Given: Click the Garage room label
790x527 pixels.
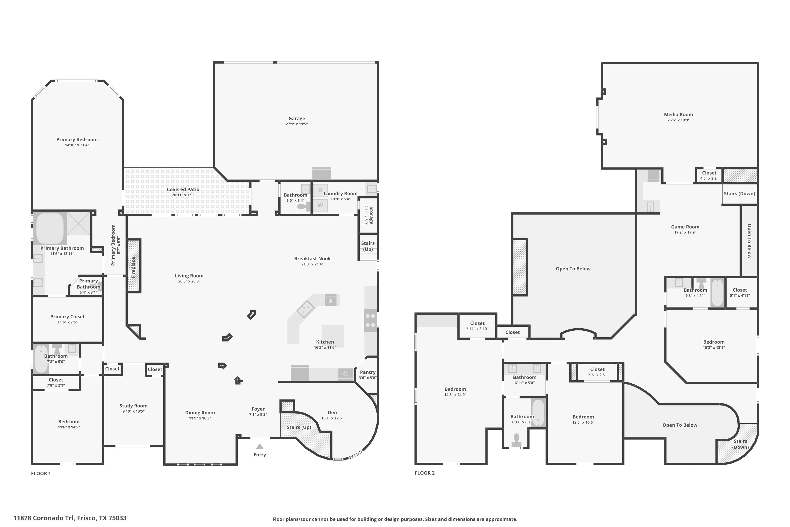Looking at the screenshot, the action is tap(297, 119).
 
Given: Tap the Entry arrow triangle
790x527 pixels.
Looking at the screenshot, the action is tap(260, 446).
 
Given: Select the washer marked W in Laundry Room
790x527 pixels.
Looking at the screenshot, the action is tap(320, 205).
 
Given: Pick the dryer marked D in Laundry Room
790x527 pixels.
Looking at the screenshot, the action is tap(320, 190).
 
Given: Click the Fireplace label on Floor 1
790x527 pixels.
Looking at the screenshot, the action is tap(133, 267).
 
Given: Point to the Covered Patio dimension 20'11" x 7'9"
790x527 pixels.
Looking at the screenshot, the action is tap(183, 195).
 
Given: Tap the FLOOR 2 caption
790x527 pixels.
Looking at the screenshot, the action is tap(424, 473).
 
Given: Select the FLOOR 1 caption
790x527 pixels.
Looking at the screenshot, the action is tap(41, 474).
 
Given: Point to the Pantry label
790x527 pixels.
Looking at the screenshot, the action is tap(368, 372).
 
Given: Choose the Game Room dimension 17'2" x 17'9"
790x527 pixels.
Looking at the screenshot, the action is tap(685, 232).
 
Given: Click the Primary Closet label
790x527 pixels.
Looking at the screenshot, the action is tap(67, 317).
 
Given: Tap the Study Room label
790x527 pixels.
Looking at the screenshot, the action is tap(133, 406).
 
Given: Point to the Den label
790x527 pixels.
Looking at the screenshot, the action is tap(332, 413).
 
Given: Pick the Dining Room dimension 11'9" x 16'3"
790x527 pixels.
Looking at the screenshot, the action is tap(200, 418).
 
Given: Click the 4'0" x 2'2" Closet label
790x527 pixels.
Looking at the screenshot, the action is tap(709, 173).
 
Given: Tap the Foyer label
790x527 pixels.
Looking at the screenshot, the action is tap(258, 409).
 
